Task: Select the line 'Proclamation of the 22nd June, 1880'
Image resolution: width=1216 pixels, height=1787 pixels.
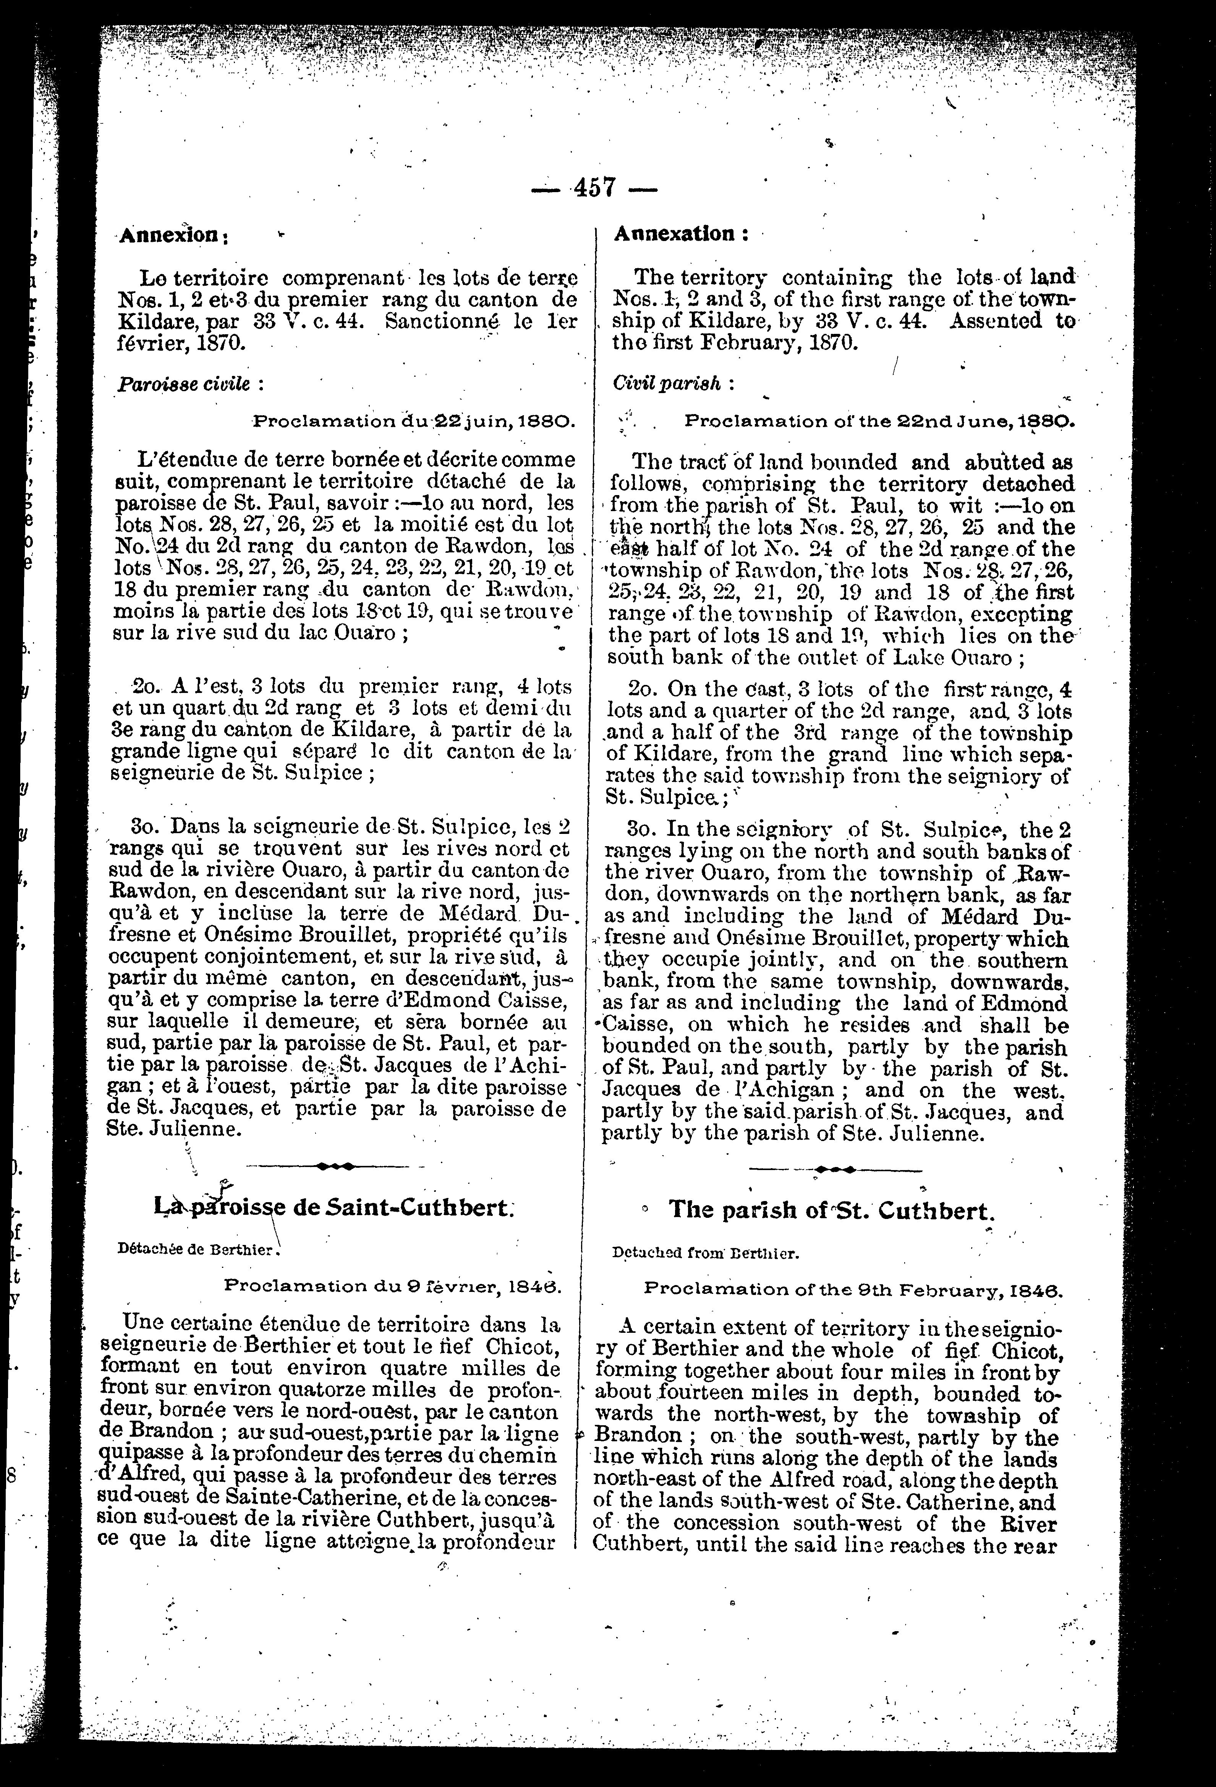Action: point(878,422)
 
